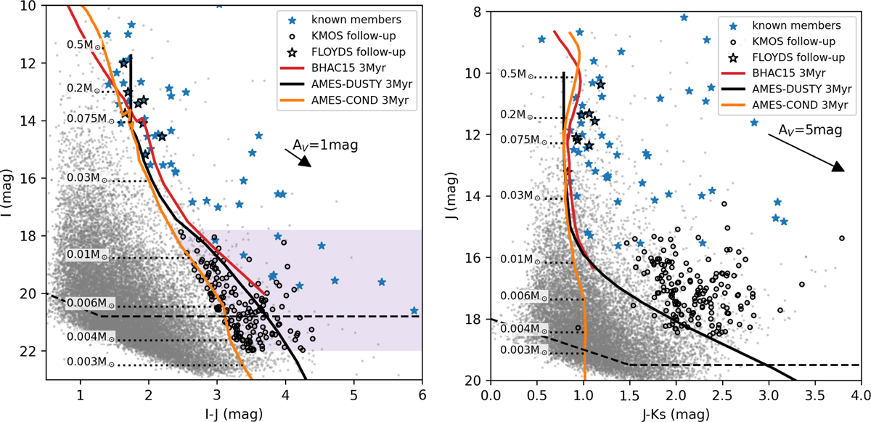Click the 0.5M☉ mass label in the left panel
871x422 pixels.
pyautogui.click(x=84, y=44)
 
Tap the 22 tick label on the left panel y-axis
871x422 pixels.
pyautogui.click(x=32, y=351)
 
